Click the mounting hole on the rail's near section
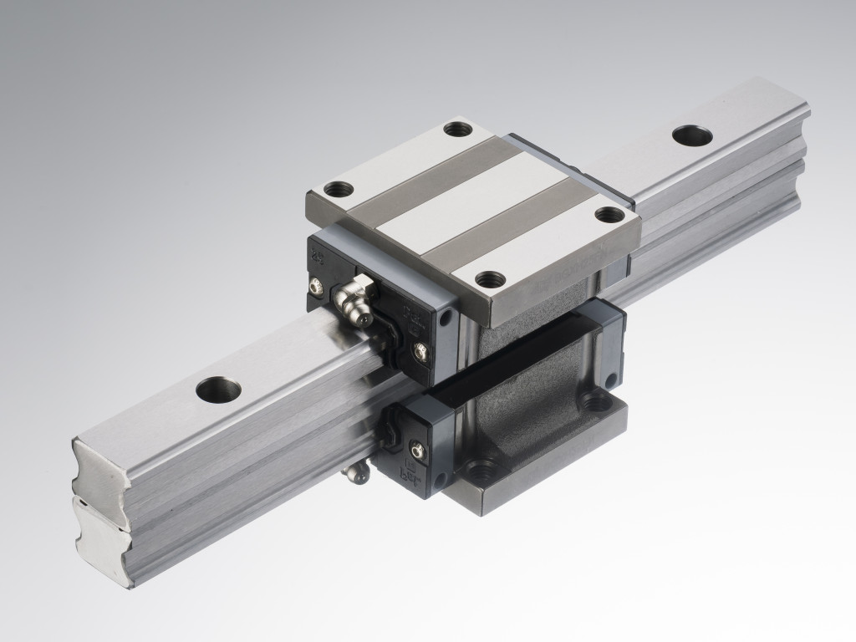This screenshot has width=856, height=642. click(x=218, y=389)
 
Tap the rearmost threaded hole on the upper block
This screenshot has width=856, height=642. click(x=456, y=129)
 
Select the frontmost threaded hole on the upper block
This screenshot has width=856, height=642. click(x=490, y=278)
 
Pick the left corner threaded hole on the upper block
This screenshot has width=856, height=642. click(x=337, y=188)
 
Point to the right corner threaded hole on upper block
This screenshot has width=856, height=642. click(x=609, y=214)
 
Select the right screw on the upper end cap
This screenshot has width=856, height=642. click(x=420, y=353)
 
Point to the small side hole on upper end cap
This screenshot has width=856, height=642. click(x=445, y=318)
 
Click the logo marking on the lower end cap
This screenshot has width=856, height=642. click(x=411, y=480)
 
